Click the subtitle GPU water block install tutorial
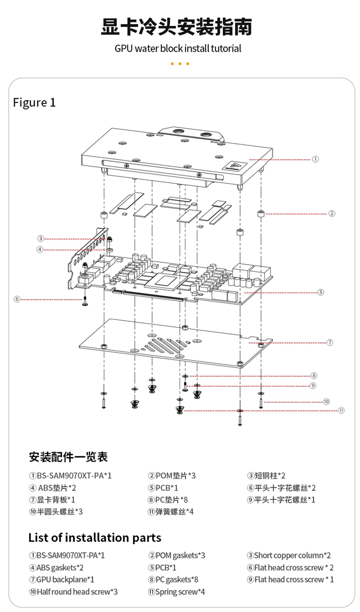(x=178, y=49)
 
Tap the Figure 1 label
(x=34, y=103)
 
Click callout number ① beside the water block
(x=315, y=159)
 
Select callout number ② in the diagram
(x=332, y=213)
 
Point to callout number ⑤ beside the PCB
(x=321, y=292)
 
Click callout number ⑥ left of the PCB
(x=17, y=299)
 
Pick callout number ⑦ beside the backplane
(x=330, y=342)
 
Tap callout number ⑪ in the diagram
(x=341, y=410)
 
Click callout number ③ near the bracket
(x=40, y=238)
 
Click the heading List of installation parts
(x=94, y=537)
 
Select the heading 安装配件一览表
(x=68, y=458)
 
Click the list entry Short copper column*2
(x=289, y=555)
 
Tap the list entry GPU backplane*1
(x=62, y=580)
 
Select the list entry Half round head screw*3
(x=73, y=592)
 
